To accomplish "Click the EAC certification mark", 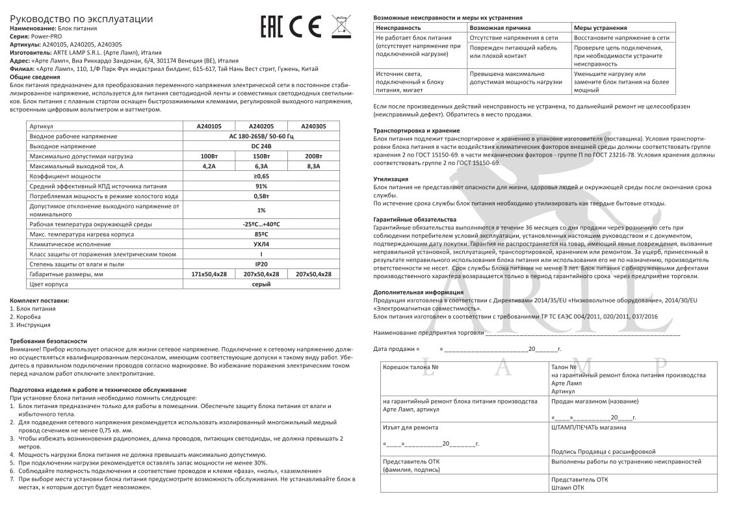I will point(271,26).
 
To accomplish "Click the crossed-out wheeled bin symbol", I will point(341,25).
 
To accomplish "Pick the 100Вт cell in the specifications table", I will point(209,157).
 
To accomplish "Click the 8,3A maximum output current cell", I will point(313,166).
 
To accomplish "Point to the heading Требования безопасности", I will point(48,341).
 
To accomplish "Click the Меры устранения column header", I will point(601,29).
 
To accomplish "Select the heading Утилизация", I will point(391,178).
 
